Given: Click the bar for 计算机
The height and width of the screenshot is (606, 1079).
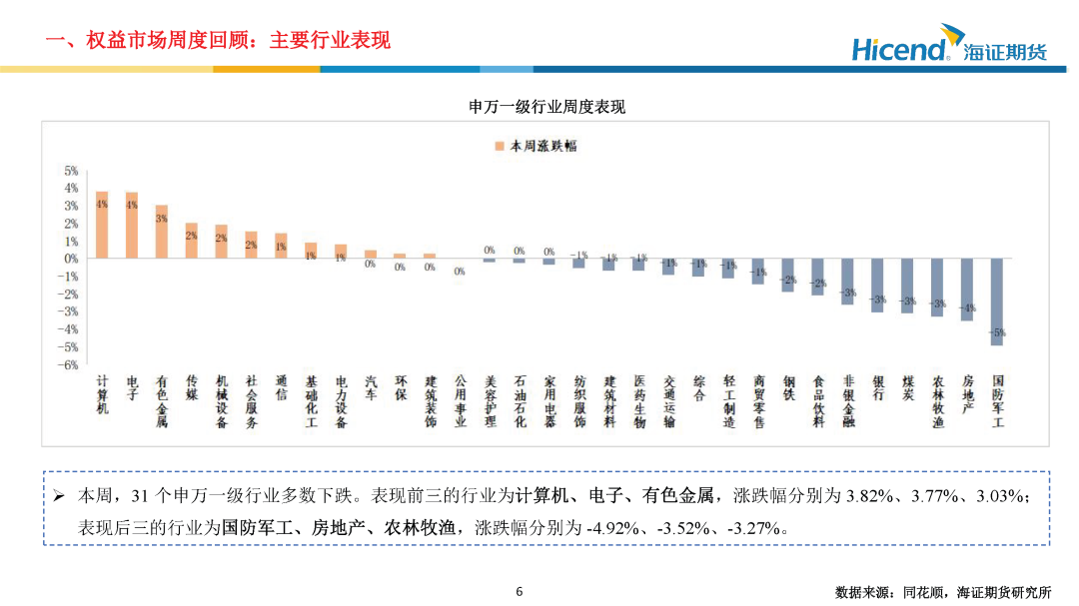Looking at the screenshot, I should pos(102,225).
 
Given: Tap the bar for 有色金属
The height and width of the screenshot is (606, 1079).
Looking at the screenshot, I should pos(162,232).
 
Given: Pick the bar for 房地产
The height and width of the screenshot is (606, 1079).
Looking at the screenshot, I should pos(967,290).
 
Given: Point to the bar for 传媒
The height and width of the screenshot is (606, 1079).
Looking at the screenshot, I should pos(192,241).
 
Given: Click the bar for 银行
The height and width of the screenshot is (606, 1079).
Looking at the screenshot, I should pos(877,286).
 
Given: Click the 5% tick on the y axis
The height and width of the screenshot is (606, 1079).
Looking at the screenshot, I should pos(72,171).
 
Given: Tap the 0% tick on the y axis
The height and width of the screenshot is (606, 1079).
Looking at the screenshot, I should pos(72,259).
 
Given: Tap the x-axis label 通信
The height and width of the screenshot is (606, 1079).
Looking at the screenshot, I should pos(282,387).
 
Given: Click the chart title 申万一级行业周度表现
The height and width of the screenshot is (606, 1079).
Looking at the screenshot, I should pos(547,107).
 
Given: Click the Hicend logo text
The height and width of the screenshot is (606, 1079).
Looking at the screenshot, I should pos(899,49).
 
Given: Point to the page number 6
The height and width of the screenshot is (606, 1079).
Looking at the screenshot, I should pos(520,591).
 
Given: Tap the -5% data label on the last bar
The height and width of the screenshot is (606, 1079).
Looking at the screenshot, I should pos(997,332).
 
